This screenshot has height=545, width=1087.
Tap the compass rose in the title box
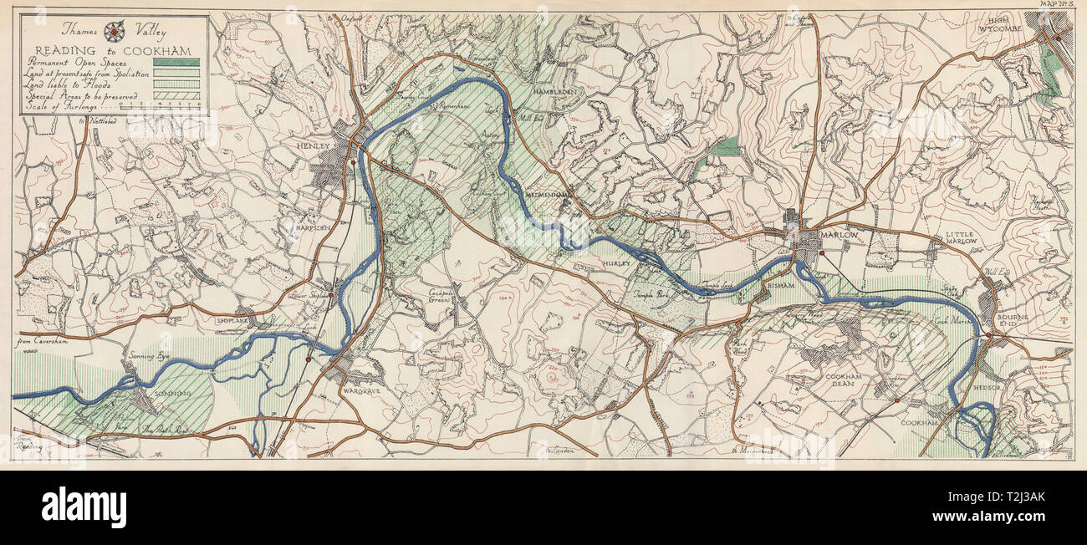point(113,33)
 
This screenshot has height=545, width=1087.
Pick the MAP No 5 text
point(1056,5)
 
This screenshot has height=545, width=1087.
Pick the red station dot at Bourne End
point(988,337)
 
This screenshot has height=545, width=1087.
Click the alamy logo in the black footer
point(84,507)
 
